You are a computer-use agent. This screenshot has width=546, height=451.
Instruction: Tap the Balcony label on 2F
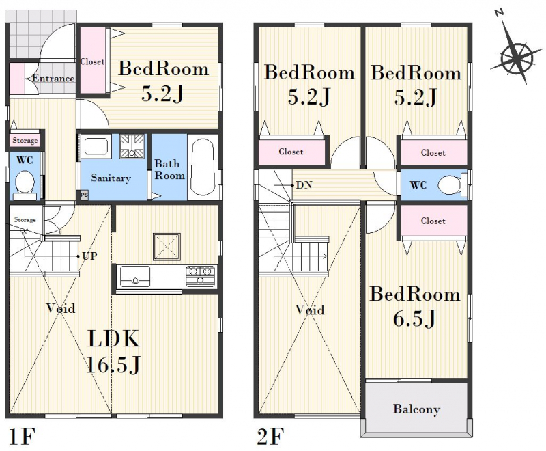tap(416, 409)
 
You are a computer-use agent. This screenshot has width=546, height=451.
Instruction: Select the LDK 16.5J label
tap(113, 351)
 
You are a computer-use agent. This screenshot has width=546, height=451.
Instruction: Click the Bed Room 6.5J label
tap(415, 305)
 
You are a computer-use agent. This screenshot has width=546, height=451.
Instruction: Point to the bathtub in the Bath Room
tap(202, 167)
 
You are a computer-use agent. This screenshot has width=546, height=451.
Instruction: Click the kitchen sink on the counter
tap(134, 276)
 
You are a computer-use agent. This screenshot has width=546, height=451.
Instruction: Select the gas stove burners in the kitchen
tap(200, 275)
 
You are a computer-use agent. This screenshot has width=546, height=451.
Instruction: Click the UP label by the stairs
tap(89, 256)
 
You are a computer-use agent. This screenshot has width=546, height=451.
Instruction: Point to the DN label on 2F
tap(304, 185)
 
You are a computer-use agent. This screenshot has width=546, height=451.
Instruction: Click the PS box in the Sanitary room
tap(84, 195)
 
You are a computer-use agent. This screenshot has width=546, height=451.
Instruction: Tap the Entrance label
tap(53, 79)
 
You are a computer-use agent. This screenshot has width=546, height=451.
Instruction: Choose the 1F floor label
tap(22, 437)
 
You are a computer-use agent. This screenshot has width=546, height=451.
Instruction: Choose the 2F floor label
tap(270, 437)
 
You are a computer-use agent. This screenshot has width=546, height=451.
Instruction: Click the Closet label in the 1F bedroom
tap(92, 61)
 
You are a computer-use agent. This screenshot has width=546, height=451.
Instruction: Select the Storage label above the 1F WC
tap(25, 141)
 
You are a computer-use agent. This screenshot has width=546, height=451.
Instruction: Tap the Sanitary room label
tap(111, 178)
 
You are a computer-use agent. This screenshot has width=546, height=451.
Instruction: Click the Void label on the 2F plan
tap(310, 310)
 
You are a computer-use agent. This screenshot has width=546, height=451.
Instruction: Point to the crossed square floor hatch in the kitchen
tap(167, 247)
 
